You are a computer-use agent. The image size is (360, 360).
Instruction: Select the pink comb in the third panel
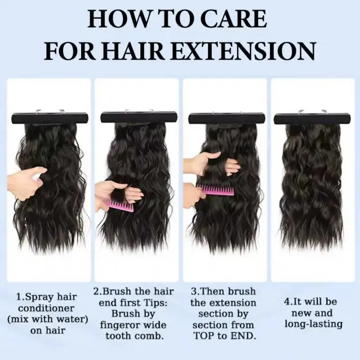pos(215,190)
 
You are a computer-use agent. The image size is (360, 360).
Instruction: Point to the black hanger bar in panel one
pos(50,118)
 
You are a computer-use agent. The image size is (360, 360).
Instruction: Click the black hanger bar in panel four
pos(312,118)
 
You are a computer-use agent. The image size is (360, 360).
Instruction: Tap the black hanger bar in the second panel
pos(139,117)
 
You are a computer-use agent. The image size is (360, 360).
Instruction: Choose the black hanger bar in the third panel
pos(227,118)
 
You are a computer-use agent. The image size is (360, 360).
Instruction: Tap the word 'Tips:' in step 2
pos(155,303)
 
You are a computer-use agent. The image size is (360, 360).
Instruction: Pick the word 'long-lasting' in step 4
pos(313,324)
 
